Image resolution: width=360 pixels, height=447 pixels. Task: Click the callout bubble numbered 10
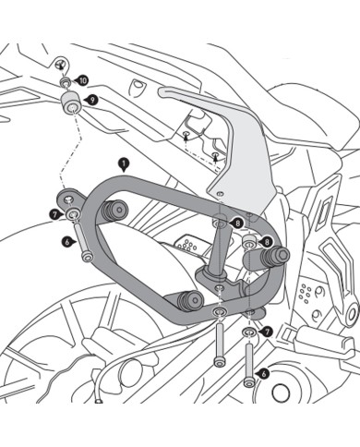pyautogui.click(x=83, y=80)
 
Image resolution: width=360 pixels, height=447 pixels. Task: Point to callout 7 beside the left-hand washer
pyautogui.click(x=55, y=214)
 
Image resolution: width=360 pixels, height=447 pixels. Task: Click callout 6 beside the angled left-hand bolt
pyautogui.click(x=67, y=242)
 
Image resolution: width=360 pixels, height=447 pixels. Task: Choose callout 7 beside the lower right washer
pyautogui.click(x=267, y=331)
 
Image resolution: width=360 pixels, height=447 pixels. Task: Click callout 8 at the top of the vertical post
pyautogui.click(x=238, y=223)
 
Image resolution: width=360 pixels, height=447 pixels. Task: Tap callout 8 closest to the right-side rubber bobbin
pyautogui.click(x=267, y=242)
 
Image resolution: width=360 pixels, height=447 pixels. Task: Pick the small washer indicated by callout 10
pyautogui.click(x=66, y=84)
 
